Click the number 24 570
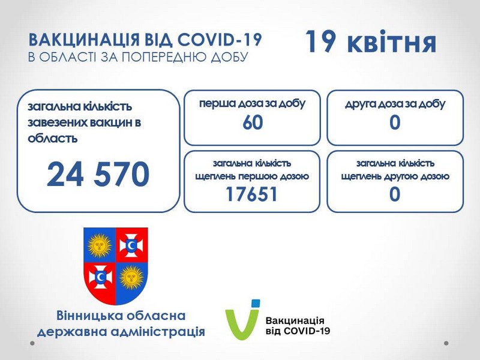(98, 174)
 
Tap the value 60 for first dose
(253, 122)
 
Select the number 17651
(251, 194)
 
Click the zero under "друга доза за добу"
(395, 122)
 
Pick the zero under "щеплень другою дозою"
(395, 194)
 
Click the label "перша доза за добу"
(253, 103)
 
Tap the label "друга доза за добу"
(395, 104)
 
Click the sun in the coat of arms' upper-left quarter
(100, 245)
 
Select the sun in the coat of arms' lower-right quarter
(131, 277)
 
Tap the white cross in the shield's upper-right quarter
(131, 245)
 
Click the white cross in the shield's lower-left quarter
(100, 277)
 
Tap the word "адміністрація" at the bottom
(158, 332)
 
